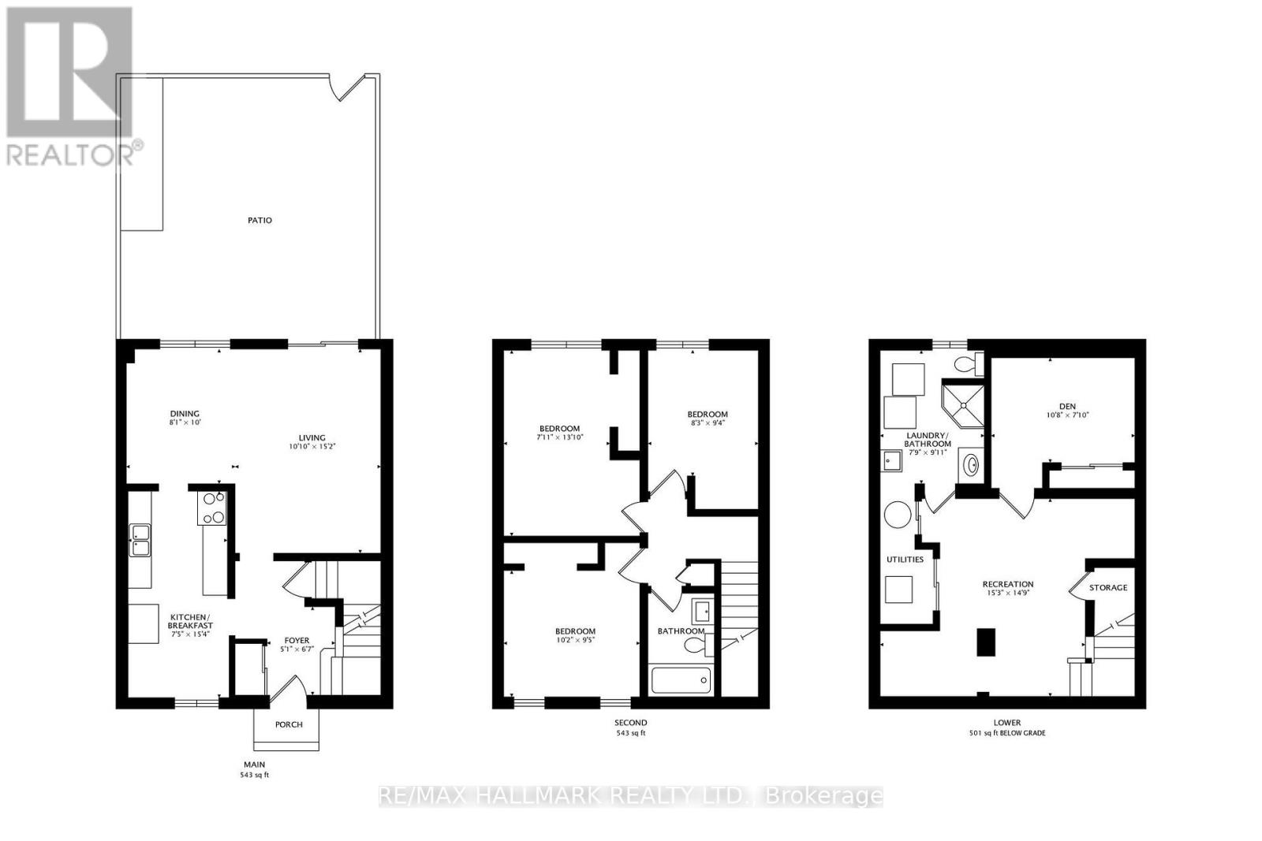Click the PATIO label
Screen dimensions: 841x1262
click(x=259, y=220)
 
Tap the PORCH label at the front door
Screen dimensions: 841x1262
click(x=288, y=724)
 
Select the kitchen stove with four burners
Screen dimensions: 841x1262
click(x=213, y=508)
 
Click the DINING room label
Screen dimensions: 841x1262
click(x=185, y=414)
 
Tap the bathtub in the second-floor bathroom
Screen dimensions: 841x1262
click(x=681, y=679)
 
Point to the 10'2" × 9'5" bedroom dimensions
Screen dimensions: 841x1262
click(x=575, y=640)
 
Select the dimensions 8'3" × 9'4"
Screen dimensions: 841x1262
click(x=707, y=422)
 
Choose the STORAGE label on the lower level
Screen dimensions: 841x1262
click(x=1108, y=587)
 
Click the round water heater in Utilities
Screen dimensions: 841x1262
click(x=897, y=515)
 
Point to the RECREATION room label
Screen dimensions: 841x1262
click(x=1007, y=584)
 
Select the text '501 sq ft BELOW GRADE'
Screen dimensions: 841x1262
click(x=1007, y=733)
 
